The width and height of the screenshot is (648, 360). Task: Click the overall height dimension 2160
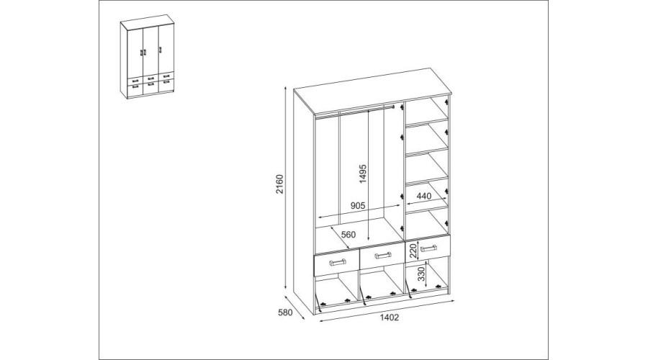click(x=280, y=184)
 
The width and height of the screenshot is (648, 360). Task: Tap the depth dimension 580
click(x=285, y=312)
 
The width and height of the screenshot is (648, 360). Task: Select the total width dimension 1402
click(x=389, y=318)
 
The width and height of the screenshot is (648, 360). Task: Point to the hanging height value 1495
click(x=362, y=174)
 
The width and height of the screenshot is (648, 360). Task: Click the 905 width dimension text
click(x=359, y=205)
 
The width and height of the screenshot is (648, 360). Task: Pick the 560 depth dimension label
click(x=348, y=235)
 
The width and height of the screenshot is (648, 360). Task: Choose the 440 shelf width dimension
click(x=423, y=196)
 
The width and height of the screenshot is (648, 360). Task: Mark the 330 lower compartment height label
click(x=421, y=274)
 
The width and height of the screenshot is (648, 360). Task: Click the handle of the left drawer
click(x=337, y=262)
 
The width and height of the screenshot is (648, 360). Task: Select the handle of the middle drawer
click(x=383, y=256)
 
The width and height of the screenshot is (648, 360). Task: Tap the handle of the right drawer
click(x=428, y=248)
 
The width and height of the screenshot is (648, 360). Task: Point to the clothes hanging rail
click(x=356, y=111)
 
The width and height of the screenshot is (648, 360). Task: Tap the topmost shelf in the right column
click(x=427, y=121)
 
